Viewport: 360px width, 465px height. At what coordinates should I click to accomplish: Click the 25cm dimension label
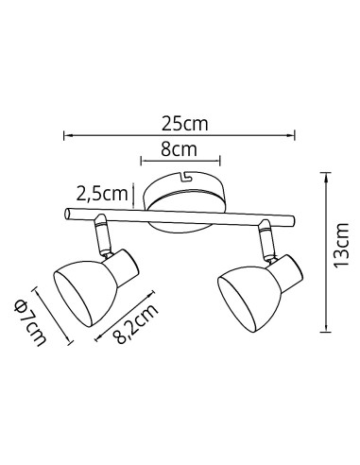185,124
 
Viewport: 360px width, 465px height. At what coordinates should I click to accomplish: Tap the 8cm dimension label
179,149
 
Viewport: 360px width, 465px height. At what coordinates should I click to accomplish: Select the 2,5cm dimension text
102,194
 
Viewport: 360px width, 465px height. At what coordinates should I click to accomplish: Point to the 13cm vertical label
342,246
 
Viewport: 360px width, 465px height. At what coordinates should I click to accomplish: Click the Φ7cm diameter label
30,322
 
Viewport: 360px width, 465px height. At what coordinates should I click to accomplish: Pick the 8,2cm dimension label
135,324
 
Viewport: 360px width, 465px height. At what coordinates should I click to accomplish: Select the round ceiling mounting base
184,201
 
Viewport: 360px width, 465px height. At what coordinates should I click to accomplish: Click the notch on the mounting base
186,176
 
